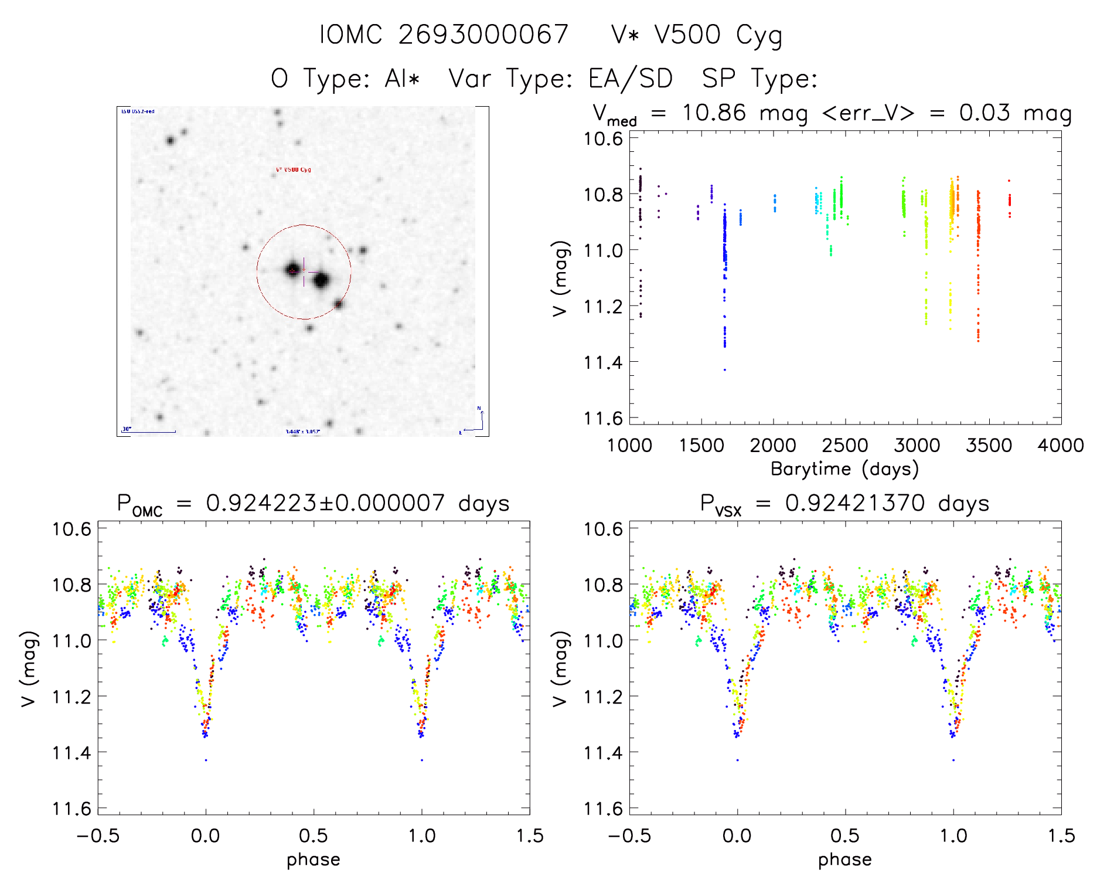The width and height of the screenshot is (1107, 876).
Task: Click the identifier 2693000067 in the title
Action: [x=483, y=35]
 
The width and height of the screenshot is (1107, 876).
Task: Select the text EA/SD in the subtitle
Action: [x=630, y=79]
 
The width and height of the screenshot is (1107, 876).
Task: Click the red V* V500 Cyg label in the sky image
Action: [x=294, y=170]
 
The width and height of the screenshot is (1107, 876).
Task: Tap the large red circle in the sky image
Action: [x=304, y=225]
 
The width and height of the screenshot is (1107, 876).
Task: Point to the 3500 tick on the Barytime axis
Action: [x=989, y=446]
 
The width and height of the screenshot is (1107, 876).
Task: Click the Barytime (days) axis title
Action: [x=844, y=469]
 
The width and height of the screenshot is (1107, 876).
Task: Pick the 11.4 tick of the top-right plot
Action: [x=602, y=362]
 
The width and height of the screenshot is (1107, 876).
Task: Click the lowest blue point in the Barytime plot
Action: [x=724, y=369]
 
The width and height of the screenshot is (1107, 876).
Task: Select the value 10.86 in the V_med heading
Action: [x=714, y=113]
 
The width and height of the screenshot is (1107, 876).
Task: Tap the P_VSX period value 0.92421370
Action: [x=855, y=503]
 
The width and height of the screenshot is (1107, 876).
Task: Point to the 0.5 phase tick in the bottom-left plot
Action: [x=314, y=836]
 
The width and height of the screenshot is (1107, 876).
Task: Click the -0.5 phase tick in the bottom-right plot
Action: [x=629, y=836]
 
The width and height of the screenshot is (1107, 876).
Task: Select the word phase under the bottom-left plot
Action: [x=314, y=860]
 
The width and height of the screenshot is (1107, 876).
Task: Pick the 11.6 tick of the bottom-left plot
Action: [x=71, y=809]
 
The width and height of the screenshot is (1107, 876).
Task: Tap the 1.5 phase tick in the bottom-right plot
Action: [x=1061, y=836]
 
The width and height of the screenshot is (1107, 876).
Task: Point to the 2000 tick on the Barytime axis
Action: [x=773, y=446]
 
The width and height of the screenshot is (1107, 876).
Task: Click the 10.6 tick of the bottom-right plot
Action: [x=603, y=529]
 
